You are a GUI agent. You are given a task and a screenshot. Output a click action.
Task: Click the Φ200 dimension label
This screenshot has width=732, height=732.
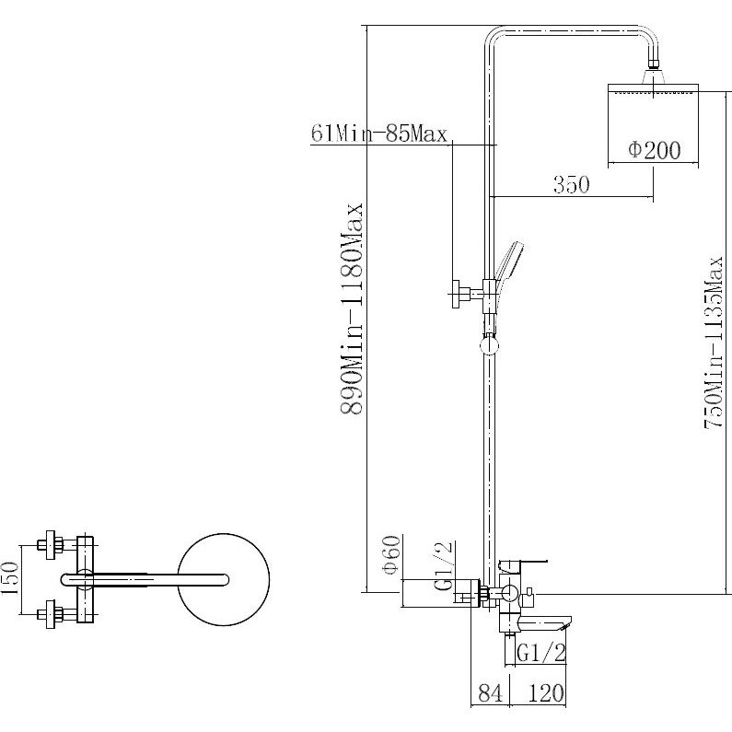click(x=654, y=150)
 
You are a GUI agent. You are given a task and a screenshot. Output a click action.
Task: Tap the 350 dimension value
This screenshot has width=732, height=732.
click(x=572, y=184)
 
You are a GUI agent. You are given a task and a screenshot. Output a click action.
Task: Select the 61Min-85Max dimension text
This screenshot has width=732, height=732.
click(x=379, y=134)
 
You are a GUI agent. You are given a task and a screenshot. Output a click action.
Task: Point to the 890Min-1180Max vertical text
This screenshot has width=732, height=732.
click(x=352, y=308)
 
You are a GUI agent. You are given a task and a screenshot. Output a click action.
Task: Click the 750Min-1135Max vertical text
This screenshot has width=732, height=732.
click(x=713, y=343)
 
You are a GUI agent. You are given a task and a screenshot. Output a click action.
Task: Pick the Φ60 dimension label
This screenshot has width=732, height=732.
click(x=390, y=554)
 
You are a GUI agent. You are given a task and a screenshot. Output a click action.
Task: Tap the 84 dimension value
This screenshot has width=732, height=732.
click(x=490, y=692)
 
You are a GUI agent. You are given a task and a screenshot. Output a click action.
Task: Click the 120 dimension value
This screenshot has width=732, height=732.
click(x=546, y=692)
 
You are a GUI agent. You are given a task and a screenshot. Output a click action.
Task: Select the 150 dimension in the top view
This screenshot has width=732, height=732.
click(x=9, y=578)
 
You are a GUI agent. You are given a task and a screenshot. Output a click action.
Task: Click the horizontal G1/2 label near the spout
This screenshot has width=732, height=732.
click(x=541, y=653)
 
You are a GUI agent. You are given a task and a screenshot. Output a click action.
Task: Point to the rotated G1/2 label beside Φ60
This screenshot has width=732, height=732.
click(x=444, y=565)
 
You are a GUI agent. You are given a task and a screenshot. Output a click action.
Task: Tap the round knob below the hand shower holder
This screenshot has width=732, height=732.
click(x=489, y=346)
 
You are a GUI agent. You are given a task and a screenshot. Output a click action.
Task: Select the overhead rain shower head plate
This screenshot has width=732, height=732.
click(x=653, y=88)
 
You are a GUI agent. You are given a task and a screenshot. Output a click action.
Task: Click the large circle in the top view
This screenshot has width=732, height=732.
click(x=224, y=579)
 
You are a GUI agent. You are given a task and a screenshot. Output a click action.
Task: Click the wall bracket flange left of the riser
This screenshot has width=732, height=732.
click(x=456, y=294)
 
